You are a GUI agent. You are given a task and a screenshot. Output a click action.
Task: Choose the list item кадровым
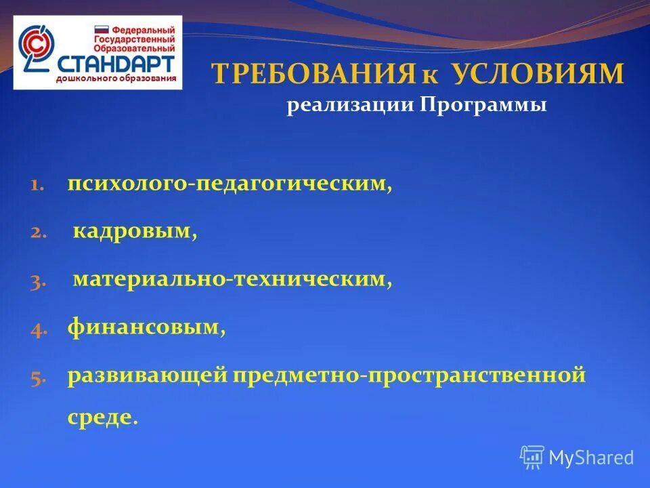(x=135, y=232)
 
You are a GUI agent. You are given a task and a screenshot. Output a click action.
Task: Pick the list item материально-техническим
(x=232, y=279)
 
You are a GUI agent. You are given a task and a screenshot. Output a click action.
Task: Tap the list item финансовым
(x=146, y=328)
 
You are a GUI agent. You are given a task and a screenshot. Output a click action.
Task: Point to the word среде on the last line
(x=99, y=416)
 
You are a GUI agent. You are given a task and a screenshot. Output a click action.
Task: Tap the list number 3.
(x=37, y=281)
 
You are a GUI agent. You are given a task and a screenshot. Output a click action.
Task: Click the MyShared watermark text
(x=591, y=457)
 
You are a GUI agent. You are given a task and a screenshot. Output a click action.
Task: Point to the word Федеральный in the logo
(x=142, y=30)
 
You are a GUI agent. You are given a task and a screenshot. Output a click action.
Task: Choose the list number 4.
(x=37, y=329)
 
